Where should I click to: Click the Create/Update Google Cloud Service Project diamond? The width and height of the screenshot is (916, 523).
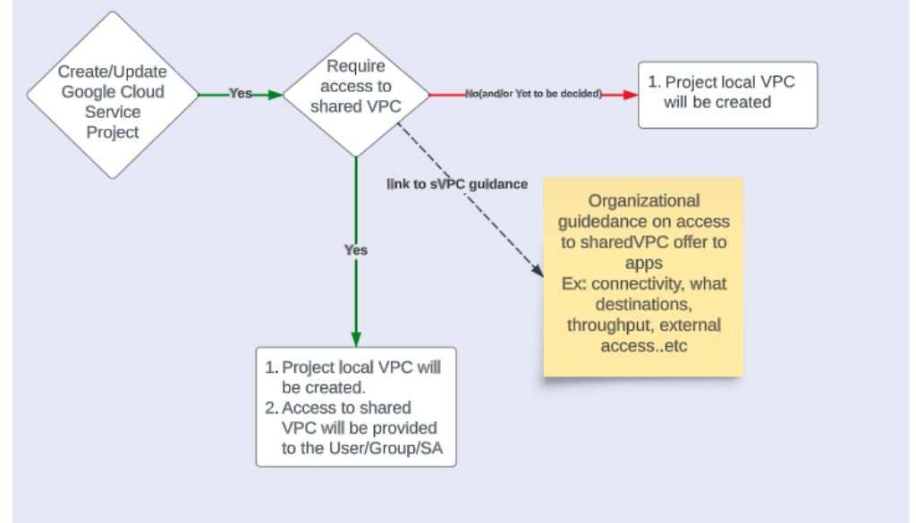pos(113,94)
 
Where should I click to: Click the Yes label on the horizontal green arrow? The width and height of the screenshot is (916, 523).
pos(240,93)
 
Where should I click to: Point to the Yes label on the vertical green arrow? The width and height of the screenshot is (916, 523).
pos(356,250)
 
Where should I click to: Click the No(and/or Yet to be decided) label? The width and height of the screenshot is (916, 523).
pos(533,93)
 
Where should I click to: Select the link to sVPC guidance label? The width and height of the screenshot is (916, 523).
pos(457,184)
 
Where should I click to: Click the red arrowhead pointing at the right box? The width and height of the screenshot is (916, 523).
pos(629,93)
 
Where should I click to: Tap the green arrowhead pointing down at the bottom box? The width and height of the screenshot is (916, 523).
pos(356,339)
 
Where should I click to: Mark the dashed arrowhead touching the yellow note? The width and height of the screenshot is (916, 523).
pos(538,269)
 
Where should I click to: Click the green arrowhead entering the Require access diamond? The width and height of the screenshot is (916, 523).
pos(276,93)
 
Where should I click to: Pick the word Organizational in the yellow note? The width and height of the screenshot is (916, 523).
pos(643,201)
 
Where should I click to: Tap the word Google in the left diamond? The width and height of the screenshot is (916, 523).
pos(89,92)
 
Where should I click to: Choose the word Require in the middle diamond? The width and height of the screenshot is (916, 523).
pos(355,66)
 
